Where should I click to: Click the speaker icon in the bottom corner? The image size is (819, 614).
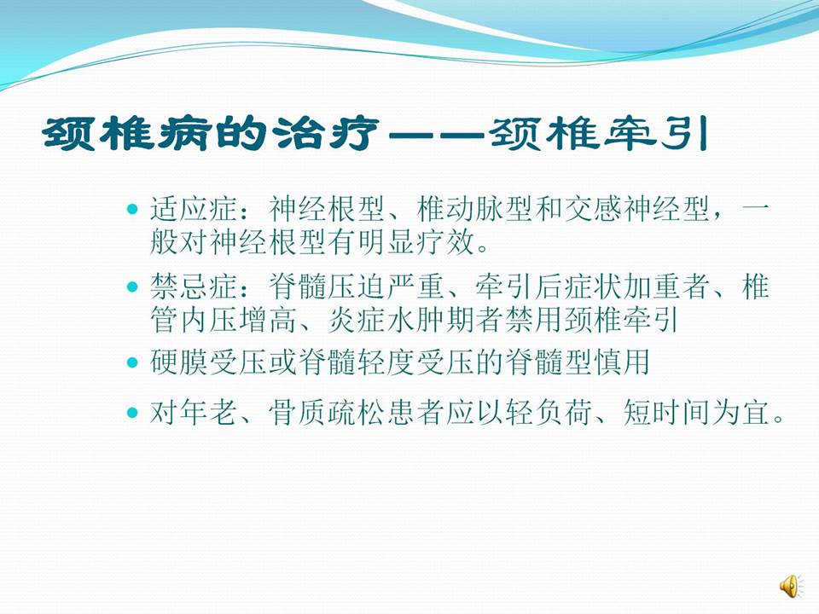[789, 585]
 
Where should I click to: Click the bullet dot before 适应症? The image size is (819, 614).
[131, 208]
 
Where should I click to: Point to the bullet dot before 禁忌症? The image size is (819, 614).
[131, 287]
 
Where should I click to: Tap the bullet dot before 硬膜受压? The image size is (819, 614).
[131, 362]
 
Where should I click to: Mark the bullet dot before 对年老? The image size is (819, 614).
[131, 414]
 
